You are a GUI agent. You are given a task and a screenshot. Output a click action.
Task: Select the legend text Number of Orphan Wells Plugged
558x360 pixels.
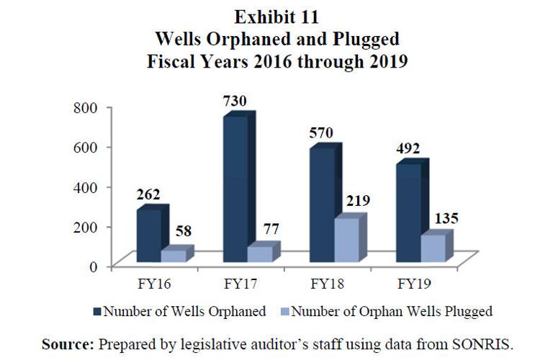[x=392, y=312]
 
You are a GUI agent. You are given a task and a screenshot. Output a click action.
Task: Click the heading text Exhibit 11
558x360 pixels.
[x=279, y=16]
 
